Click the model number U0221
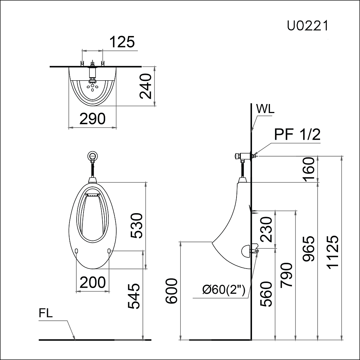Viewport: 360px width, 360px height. pos(307,26)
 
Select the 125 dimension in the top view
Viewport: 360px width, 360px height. pos(122,42)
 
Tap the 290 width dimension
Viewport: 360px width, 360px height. pos(93,119)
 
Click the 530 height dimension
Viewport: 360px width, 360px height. pos(137,226)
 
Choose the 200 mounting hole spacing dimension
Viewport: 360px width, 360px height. pos(93,283)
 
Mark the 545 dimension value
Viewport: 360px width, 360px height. pos(134,296)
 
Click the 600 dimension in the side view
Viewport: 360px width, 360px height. pos(172,291)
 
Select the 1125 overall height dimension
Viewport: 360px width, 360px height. pos(333,251)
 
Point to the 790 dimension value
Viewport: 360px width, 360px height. pos(287,275)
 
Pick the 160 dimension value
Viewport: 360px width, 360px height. pos(309,169)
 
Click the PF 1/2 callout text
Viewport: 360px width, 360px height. pos(297,134)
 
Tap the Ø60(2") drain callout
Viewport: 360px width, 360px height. pos(224,289)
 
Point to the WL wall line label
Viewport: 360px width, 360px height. pos(265,109)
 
